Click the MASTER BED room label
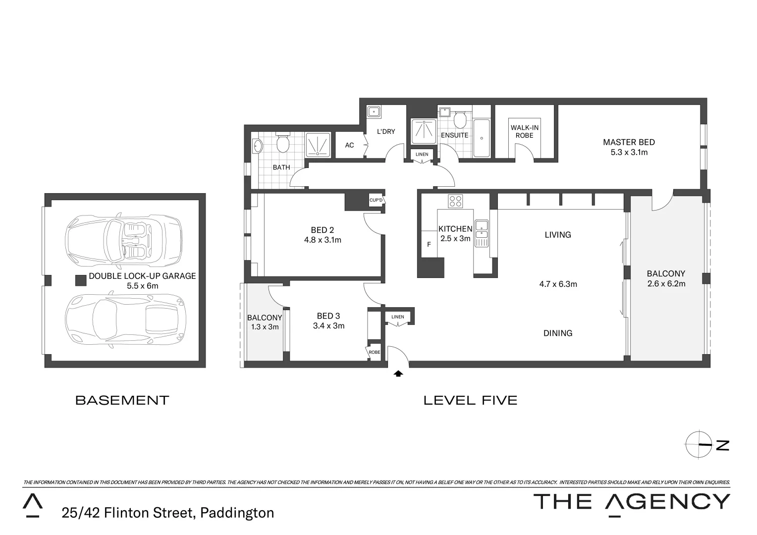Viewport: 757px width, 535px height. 629,143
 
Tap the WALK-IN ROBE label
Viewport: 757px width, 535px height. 524,131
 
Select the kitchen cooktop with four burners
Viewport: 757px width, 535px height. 455,201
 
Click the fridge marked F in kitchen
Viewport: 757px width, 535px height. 429,244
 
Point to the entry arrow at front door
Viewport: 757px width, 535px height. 398,374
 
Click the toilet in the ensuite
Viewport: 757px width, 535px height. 460,119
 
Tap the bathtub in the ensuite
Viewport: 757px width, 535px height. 481,138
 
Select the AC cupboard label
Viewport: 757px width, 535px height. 349,145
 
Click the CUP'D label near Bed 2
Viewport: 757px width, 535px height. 376,200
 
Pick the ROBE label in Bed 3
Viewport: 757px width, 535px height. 374,352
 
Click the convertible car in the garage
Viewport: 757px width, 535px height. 124,239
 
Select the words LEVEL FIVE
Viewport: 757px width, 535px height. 470,400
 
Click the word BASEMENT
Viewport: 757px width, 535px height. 122,400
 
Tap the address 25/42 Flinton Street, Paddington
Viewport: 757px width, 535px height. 167,512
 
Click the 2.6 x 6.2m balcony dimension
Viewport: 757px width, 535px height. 666,284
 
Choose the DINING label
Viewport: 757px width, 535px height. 558,333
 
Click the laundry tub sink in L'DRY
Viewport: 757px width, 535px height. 374,112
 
